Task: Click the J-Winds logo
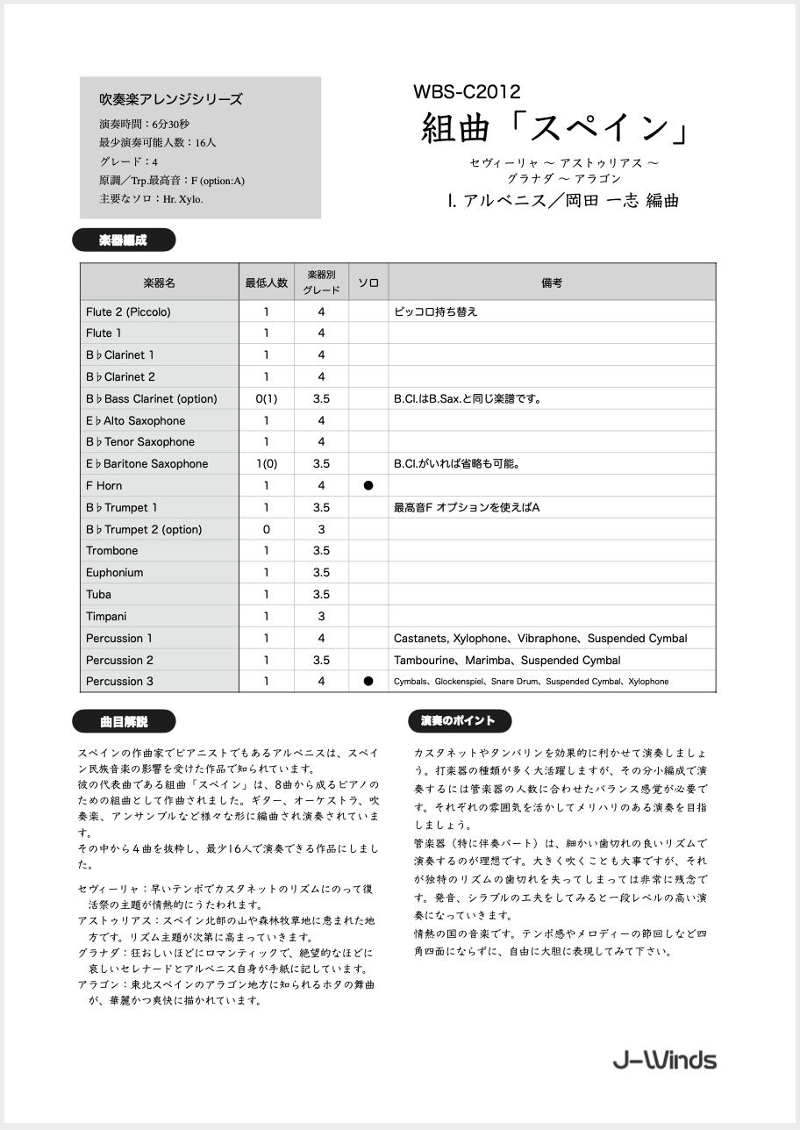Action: point(664,1060)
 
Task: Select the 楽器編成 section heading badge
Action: point(124,240)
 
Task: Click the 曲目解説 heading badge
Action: point(124,722)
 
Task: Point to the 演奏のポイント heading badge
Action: point(459,721)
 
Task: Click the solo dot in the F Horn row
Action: point(368,485)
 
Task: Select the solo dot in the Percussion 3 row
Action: point(368,681)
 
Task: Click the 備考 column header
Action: point(552,282)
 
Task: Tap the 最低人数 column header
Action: point(267,282)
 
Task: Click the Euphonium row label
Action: point(115,572)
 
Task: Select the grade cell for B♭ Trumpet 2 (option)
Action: point(321,529)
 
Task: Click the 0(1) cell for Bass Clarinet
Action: point(267,398)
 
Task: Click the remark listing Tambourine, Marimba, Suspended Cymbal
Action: point(507,660)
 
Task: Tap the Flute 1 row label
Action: point(104,333)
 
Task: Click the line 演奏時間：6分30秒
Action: point(144,124)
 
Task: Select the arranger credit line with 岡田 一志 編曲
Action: point(562,201)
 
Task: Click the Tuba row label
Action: point(99,594)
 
